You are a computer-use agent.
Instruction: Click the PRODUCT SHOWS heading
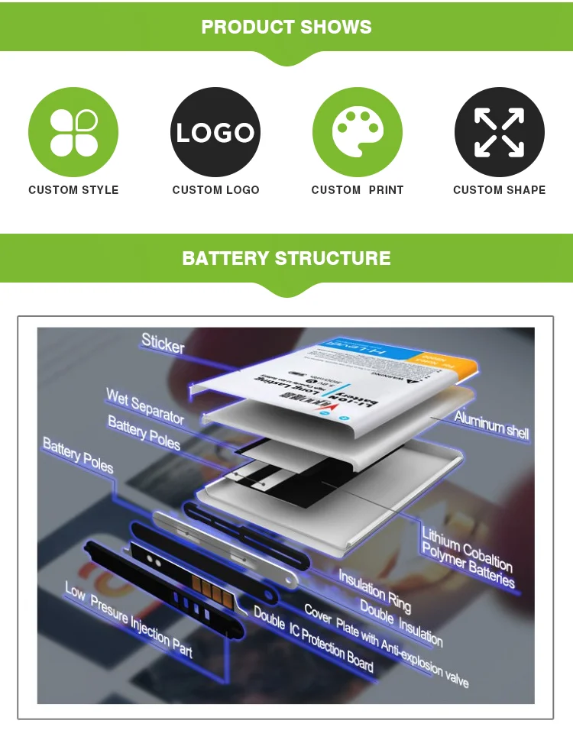pos(286,27)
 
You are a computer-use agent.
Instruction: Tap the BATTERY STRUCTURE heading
pos(286,258)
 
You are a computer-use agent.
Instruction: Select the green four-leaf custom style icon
pos(73,132)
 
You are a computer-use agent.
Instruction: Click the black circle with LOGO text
pos(215,132)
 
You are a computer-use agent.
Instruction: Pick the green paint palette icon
pos(357,132)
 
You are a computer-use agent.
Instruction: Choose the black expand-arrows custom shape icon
pos(499,132)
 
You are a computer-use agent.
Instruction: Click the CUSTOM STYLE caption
pos(73,190)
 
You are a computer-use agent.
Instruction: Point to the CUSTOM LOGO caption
pos(215,190)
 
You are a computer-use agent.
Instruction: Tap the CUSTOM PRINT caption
pos(357,190)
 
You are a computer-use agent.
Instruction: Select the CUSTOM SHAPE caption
pos(499,190)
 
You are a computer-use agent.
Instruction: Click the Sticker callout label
pos(163,344)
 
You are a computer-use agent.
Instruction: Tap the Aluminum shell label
pos(491,425)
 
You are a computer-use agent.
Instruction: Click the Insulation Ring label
pos(374,590)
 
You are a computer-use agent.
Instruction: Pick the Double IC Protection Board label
pos(313,640)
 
